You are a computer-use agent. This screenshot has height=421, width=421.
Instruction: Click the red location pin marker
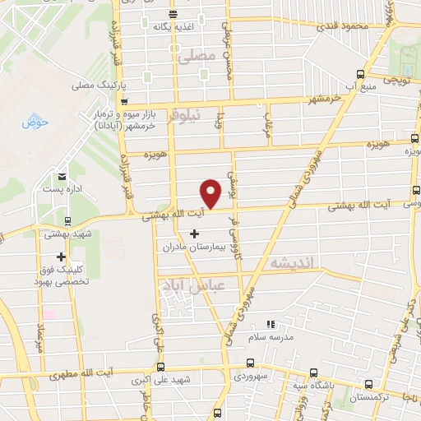point(211,192)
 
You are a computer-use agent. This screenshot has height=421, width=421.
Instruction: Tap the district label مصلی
point(195,56)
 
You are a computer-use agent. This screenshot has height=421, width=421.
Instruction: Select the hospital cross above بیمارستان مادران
point(194,234)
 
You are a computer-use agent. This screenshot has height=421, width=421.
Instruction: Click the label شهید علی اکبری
point(144,381)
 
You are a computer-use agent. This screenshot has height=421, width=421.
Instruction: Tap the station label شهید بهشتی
point(67,233)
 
